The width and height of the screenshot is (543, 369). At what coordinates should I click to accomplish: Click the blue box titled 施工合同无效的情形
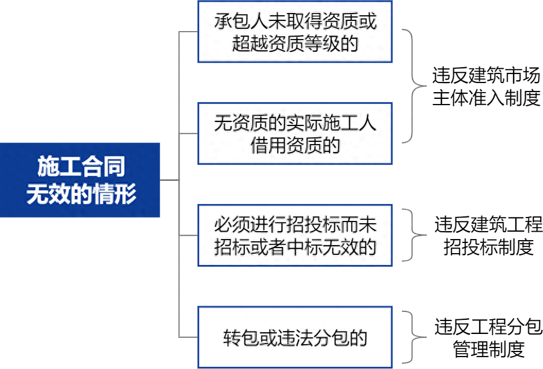click(x=80, y=180)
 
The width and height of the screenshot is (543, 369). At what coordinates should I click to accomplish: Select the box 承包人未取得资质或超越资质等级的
click(x=295, y=32)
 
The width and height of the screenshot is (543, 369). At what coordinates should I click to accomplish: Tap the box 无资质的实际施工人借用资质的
click(x=295, y=133)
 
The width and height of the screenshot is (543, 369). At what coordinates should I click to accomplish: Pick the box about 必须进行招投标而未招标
click(x=295, y=236)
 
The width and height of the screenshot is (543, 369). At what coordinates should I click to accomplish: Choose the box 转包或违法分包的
click(x=295, y=337)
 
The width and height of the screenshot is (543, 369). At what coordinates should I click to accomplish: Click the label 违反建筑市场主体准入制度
click(x=486, y=86)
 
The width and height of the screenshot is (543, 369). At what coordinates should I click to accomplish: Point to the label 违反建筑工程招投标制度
click(x=488, y=236)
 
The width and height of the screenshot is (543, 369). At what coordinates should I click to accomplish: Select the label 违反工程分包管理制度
click(x=488, y=337)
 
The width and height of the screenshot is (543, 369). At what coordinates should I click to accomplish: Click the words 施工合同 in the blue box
click(x=81, y=167)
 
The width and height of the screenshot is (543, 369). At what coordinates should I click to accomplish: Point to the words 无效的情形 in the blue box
click(x=81, y=193)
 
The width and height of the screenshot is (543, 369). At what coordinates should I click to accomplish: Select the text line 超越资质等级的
click(x=295, y=44)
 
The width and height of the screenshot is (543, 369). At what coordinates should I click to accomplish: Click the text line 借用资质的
click(x=295, y=145)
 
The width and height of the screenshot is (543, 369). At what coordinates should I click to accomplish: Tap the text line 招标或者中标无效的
click(x=295, y=248)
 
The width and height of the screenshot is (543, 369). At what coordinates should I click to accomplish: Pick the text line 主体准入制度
click(x=486, y=98)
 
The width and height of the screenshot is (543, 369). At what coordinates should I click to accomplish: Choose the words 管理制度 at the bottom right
click(x=489, y=349)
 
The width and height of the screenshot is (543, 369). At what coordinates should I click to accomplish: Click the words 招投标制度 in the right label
click(x=489, y=247)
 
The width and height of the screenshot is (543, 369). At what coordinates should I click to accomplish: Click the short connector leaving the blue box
click(x=170, y=180)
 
